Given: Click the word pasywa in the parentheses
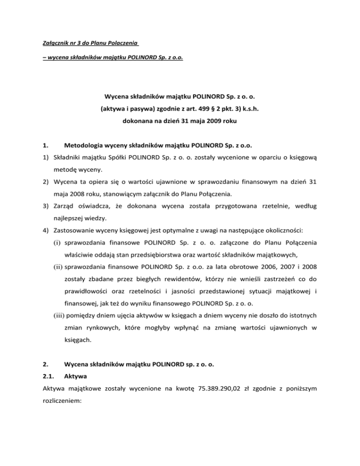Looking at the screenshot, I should click(127, 112).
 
